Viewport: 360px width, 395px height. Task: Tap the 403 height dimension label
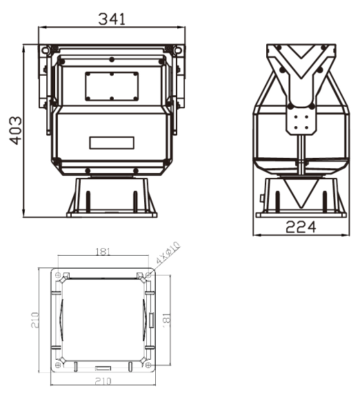tap(14, 131)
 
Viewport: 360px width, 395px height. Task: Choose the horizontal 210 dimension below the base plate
tap(103, 381)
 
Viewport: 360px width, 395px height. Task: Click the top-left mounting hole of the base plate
tap(57, 274)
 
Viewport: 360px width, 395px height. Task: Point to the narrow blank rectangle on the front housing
tap(111, 143)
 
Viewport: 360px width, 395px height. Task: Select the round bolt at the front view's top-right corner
tap(179, 50)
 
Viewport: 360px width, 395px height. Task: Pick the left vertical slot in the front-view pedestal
tap(88, 199)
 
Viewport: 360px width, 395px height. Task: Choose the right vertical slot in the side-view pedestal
tap(327, 199)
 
